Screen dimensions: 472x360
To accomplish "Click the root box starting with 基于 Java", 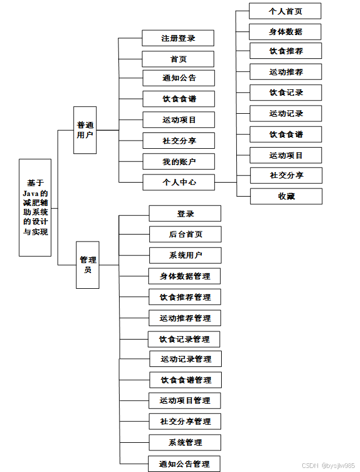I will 35,207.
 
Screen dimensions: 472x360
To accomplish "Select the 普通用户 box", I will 85,130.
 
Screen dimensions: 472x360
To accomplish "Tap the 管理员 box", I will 88,264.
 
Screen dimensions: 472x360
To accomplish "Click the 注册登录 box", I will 178,39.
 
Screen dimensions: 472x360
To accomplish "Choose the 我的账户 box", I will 179,162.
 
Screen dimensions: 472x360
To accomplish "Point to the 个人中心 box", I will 179,182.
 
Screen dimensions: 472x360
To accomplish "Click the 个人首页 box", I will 285,11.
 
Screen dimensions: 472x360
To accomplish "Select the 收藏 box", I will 286,196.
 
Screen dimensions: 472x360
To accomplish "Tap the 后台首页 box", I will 186,234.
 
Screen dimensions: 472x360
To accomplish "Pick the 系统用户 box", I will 186,255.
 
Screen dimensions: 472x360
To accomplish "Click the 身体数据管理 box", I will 185,276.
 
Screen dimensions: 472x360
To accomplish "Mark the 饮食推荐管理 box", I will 185,297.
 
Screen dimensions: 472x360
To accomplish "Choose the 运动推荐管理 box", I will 185,318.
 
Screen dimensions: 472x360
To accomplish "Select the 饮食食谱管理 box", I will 186,380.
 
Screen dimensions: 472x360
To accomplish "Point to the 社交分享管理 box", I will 185,421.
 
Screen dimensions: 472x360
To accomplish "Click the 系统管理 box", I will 185,442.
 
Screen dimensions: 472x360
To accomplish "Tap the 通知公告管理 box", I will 184,464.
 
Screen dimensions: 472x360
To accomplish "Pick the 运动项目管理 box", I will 185,400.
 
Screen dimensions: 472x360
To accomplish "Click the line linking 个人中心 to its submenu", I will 226,182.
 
